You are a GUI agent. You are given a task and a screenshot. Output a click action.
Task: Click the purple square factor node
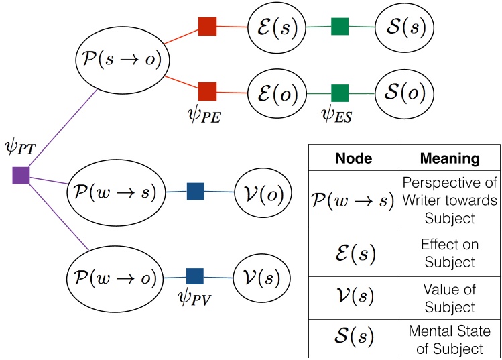tap(21, 176)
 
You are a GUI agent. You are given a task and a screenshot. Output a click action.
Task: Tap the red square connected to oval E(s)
tap(207, 26)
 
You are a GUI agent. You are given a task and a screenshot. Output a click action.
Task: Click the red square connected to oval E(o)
tap(207, 91)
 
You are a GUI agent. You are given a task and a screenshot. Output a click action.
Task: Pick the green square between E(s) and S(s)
tap(340, 27)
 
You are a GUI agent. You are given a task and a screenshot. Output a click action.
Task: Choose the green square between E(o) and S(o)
tap(340, 93)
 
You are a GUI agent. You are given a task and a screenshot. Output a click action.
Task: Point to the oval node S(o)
tap(400, 93)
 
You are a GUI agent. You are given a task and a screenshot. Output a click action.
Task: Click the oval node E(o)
tap(276, 93)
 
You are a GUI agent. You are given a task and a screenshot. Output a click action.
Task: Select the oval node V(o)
tap(263, 194)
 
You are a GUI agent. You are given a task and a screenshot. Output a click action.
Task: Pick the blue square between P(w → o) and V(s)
tap(194, 276)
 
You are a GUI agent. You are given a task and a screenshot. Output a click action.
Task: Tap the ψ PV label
tap(194, 298)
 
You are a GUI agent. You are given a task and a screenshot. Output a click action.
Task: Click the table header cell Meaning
tap(450, 158)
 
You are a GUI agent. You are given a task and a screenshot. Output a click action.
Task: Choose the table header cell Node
tap(354, 158)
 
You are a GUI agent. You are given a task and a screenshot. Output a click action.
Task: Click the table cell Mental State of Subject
tap(450, 339)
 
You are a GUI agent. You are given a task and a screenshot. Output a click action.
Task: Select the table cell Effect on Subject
tap(450, 253)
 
